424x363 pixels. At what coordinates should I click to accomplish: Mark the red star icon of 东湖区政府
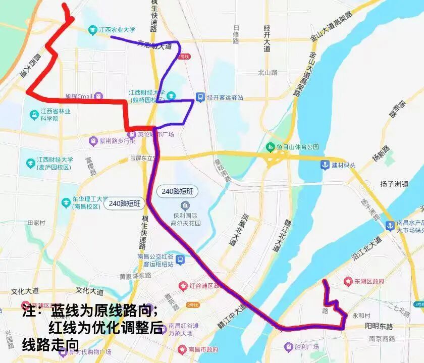[x=348, y=281]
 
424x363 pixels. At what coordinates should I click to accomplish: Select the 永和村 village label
[x=361, y=316]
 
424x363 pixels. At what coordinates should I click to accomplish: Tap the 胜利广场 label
[x=304, y=347]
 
